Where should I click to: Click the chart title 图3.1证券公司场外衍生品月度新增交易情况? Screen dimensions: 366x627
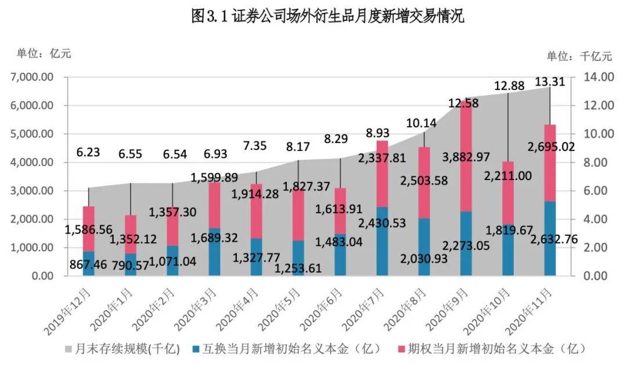click(327, 16)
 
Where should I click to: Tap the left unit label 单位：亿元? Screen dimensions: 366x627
click(44, 53)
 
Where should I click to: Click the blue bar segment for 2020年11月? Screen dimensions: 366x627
click(550, 238)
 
